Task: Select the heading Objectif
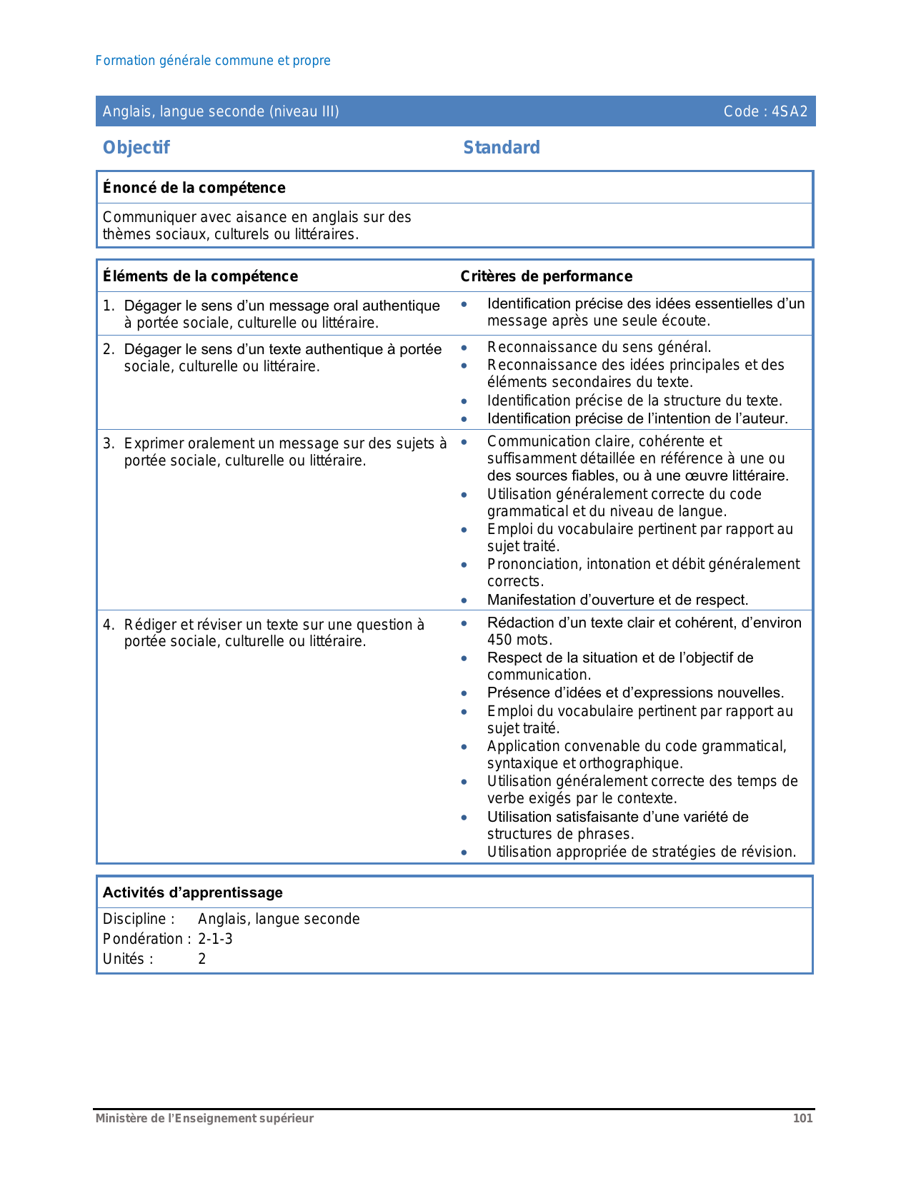136,148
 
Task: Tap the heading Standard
501,148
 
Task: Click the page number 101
802,1118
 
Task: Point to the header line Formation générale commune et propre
213,61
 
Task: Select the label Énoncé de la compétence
194,188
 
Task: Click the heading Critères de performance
546,276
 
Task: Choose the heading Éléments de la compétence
200,276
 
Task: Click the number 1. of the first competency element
108,306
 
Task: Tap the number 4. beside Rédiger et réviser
108,625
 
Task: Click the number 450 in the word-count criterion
499,640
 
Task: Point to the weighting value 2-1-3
215,939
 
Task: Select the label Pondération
146,939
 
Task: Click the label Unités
127,959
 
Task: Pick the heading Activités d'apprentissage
192,892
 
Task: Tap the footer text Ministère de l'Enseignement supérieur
204,1118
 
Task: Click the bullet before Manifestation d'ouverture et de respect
464,600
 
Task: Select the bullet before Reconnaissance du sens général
464,348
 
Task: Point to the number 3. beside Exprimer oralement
108,443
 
